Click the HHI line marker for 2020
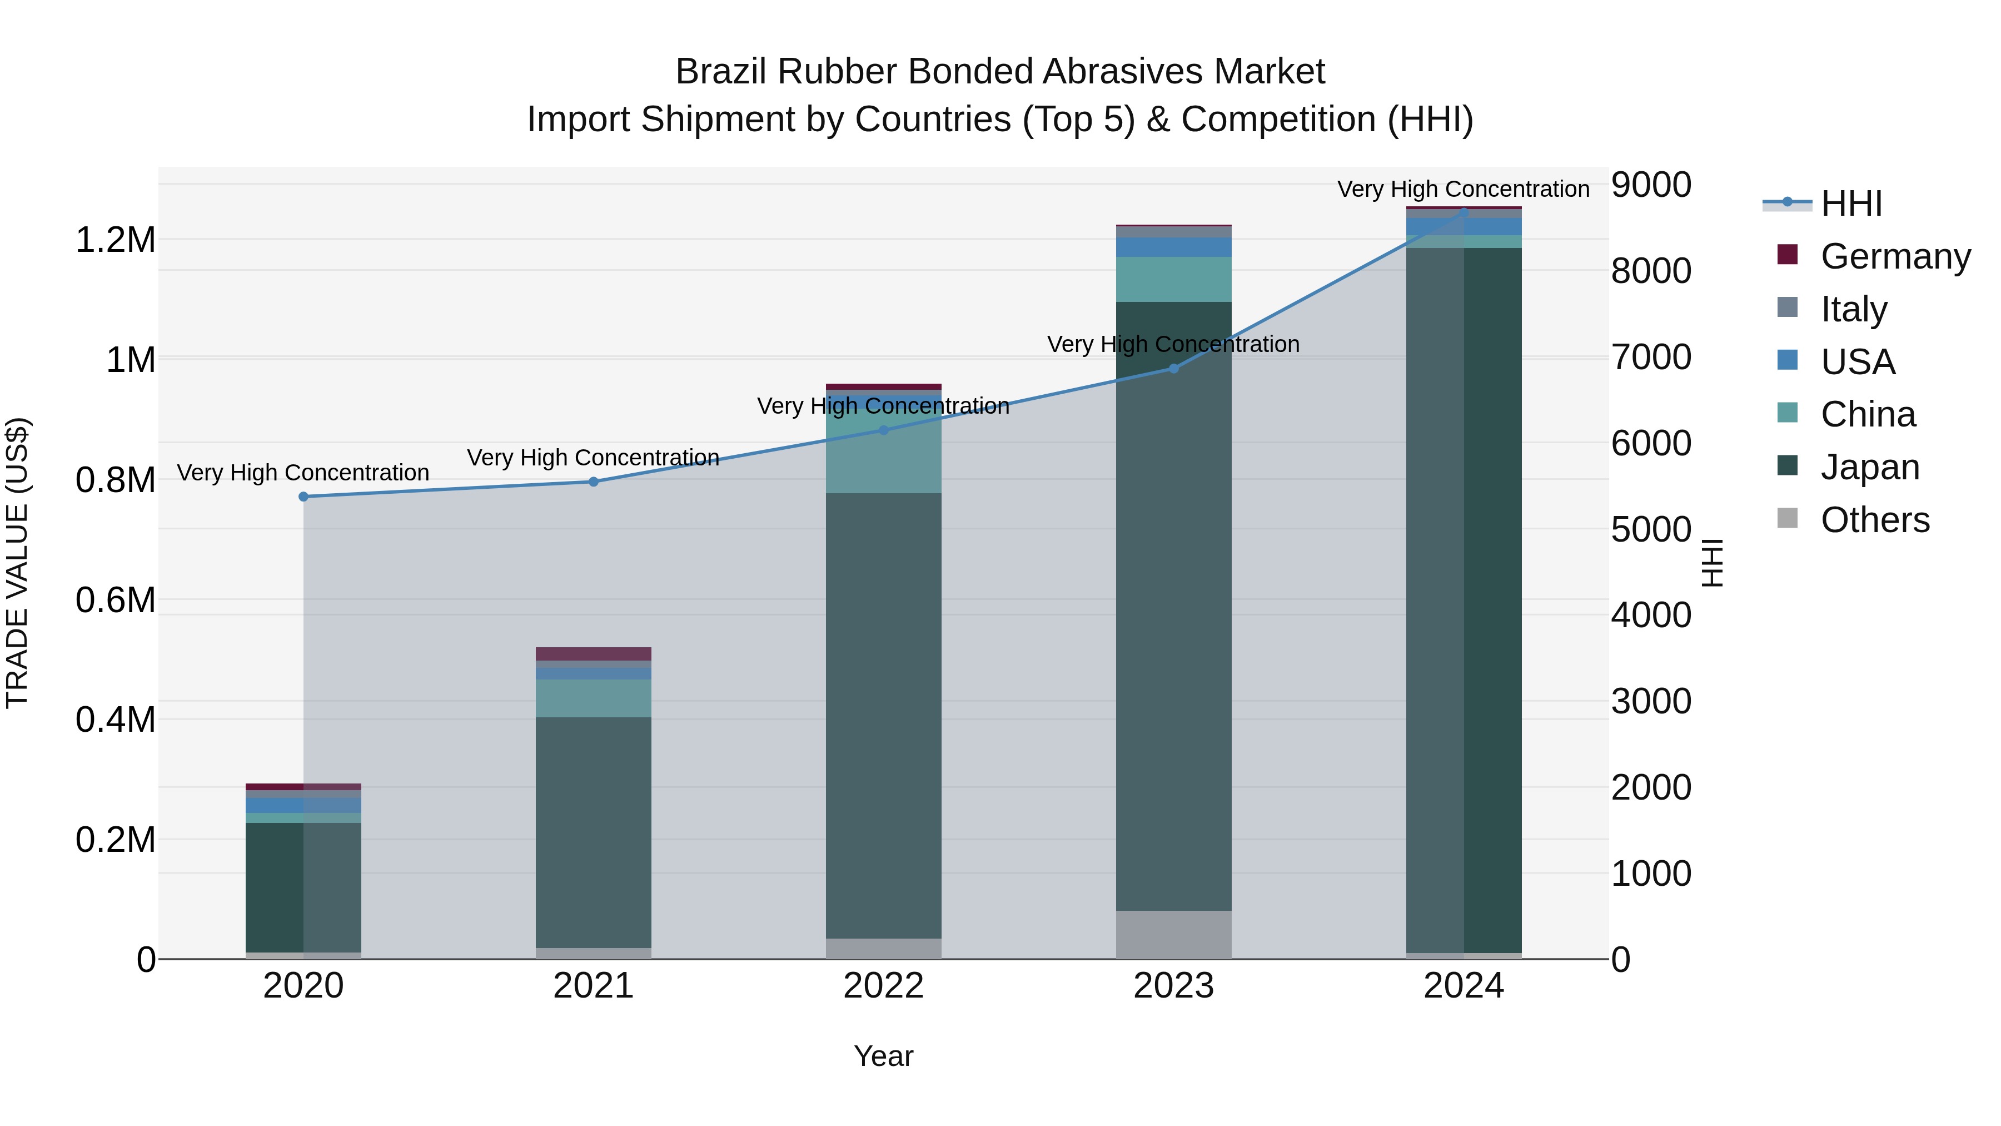tap(303, 497)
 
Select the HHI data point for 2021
tap(594, 482)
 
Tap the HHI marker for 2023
tap(1174, 368)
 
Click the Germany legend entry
tap(1895, 256)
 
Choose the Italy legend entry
tap(1853, 309)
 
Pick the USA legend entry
tap(1857, 361)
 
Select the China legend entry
tap(1868, 414)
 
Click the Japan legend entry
tap(1870, 467)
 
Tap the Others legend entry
tap(1874, 520)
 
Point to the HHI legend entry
tap(1851, 204)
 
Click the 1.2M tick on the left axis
tap(115, 240)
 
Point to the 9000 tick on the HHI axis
tap(1651, 185)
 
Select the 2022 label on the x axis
tap(883, 986)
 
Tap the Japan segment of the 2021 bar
tap(594, 831)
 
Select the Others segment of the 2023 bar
tap(1174, 934)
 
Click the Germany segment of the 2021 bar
tap(594, 653)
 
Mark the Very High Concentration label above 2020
tap(303, 473)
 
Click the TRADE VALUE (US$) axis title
tap(17, 563)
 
